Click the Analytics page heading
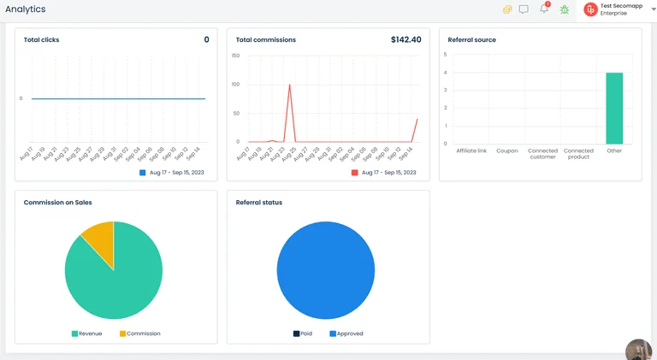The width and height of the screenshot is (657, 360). click(x=26, y=9)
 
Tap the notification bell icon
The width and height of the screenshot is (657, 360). click(x=544, y=9)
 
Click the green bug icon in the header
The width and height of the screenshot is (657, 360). click(x=565, y=9)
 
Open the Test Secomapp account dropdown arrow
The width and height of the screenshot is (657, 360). click(x=654, y=9)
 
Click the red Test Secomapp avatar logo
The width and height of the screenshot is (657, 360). click(x=590, y=9)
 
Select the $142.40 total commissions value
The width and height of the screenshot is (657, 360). click(x=405, y=40)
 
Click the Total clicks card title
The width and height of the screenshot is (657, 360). click(x=41, y=40)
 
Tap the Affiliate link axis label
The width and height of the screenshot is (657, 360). click(x=471, y=150)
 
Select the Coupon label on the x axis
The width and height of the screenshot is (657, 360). click(x=507, y=150)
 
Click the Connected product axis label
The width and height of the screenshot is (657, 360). click(x=578, y=154)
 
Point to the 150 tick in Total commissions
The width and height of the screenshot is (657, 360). click(x=235, y=56)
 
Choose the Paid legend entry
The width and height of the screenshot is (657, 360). click(x=303, y=333)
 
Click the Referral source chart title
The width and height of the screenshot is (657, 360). click(x=471, y=40)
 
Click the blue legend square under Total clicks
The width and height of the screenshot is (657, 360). click(x=143, y=173)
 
